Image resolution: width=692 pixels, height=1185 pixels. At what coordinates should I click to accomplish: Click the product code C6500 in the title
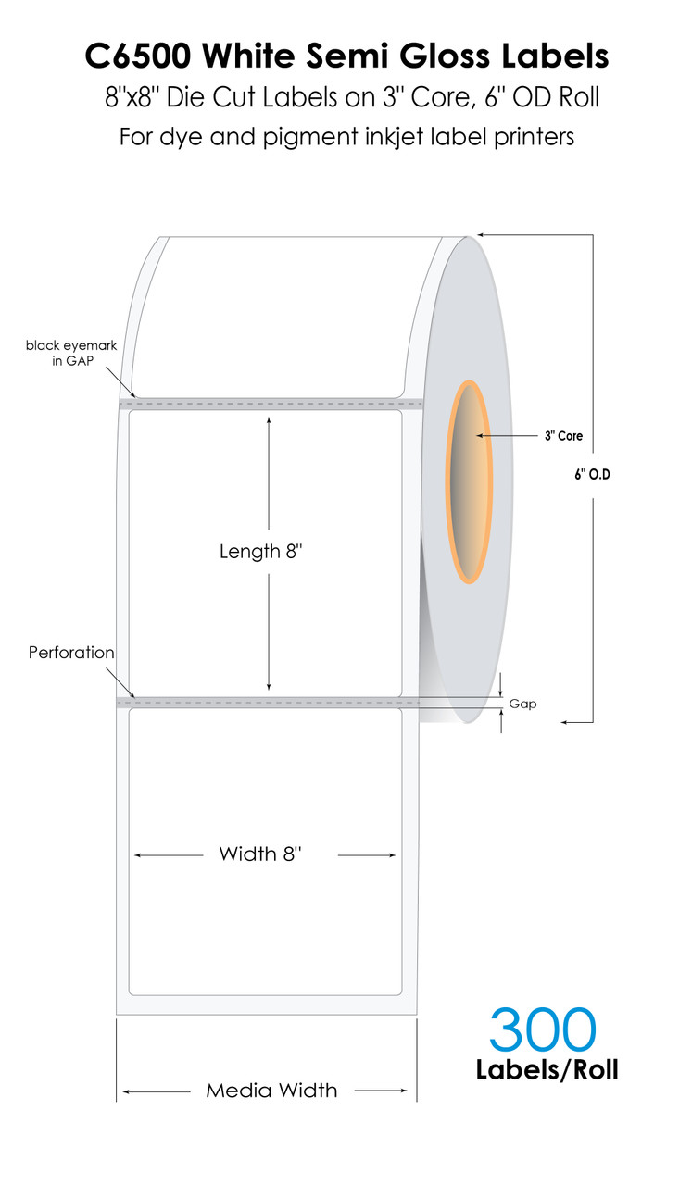[x=138, y=56]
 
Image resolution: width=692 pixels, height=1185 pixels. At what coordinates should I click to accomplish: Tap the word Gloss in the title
[x=445, y=56]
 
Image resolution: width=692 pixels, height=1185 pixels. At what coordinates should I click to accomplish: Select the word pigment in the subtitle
[x=310, y=138]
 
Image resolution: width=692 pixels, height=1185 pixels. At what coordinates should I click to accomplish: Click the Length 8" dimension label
[x=260, y=551]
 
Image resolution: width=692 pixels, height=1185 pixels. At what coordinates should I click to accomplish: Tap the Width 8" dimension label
[x=260, y=854]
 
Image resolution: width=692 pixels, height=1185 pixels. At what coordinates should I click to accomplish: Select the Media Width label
[x=271, y=1091]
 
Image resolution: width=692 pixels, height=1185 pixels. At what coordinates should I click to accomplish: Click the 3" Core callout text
[x=563, y=436]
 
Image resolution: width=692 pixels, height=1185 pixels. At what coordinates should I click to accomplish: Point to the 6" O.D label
[x=593, y=475]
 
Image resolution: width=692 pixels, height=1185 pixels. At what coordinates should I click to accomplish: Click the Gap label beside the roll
[x=522, y=704]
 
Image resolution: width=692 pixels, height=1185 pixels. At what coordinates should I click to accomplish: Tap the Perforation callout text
[x=71, y=653]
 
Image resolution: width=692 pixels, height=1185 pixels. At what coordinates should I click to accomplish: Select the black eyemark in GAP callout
[x=71, y=353]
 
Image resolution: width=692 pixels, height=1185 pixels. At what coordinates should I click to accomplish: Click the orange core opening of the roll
[x=469, y=482]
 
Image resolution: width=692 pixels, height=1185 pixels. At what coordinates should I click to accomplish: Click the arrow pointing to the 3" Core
[x=507, y=435]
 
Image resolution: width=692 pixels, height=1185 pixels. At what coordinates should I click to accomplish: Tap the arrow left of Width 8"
[x=169, y=854]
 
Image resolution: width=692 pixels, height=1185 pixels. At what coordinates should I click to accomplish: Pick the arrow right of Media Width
[x=381, y=1091]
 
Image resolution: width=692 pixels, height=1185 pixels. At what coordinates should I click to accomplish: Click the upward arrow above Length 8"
[x=269, y=473]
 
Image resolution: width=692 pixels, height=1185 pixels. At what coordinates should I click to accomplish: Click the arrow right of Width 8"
[x=367, y=854]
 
